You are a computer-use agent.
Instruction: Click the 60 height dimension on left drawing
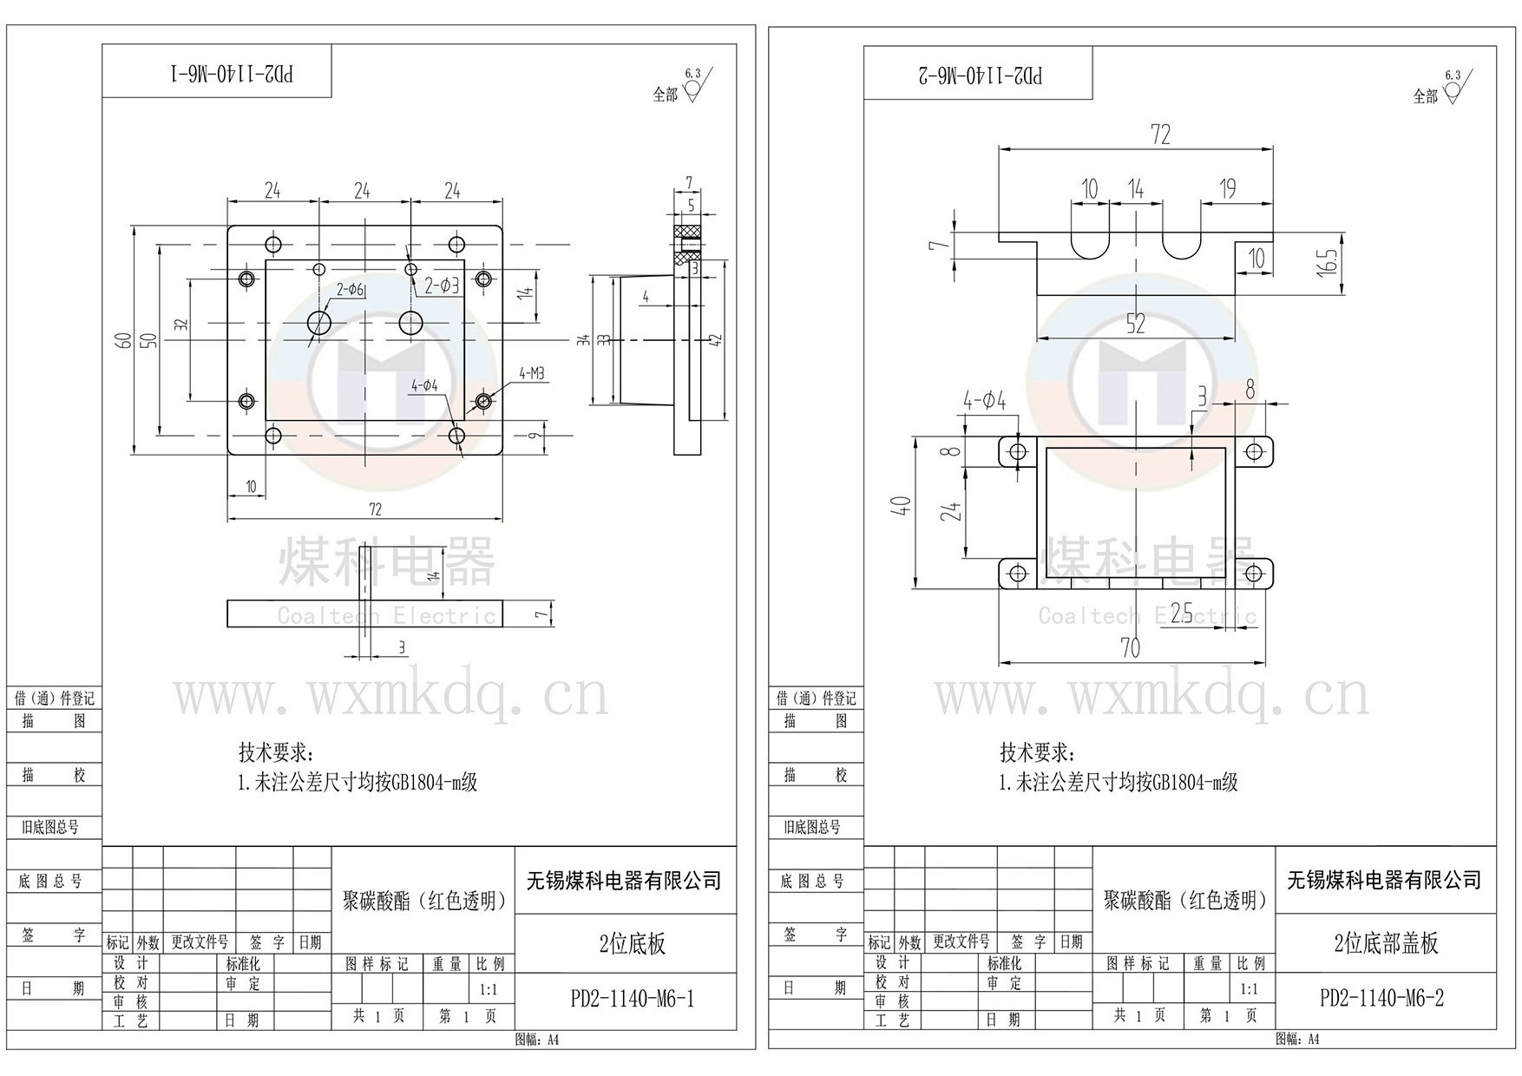point(126,340)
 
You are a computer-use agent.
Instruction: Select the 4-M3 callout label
point(532,374)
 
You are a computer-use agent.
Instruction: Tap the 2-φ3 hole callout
point(441,285)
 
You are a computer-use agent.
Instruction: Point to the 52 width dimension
point(1135,324)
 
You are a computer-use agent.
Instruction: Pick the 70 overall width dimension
point(1130,647)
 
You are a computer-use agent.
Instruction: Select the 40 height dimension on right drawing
point(902,505)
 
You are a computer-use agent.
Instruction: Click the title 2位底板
point(633,944)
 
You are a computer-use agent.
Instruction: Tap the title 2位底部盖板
point(1386,943)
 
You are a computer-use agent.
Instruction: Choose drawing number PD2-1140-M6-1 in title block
point(632,999)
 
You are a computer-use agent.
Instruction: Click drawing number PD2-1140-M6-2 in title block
point(1381,998)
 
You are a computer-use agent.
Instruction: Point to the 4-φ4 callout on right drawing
point(984,400)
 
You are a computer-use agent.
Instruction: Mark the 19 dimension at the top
point(1227,188)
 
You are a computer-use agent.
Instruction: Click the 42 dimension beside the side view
point(715,340)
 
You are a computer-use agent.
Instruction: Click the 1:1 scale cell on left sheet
point(489,989)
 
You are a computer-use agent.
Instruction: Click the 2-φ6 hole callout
point(351,289)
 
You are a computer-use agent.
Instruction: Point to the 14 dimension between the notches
point(1136,188)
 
